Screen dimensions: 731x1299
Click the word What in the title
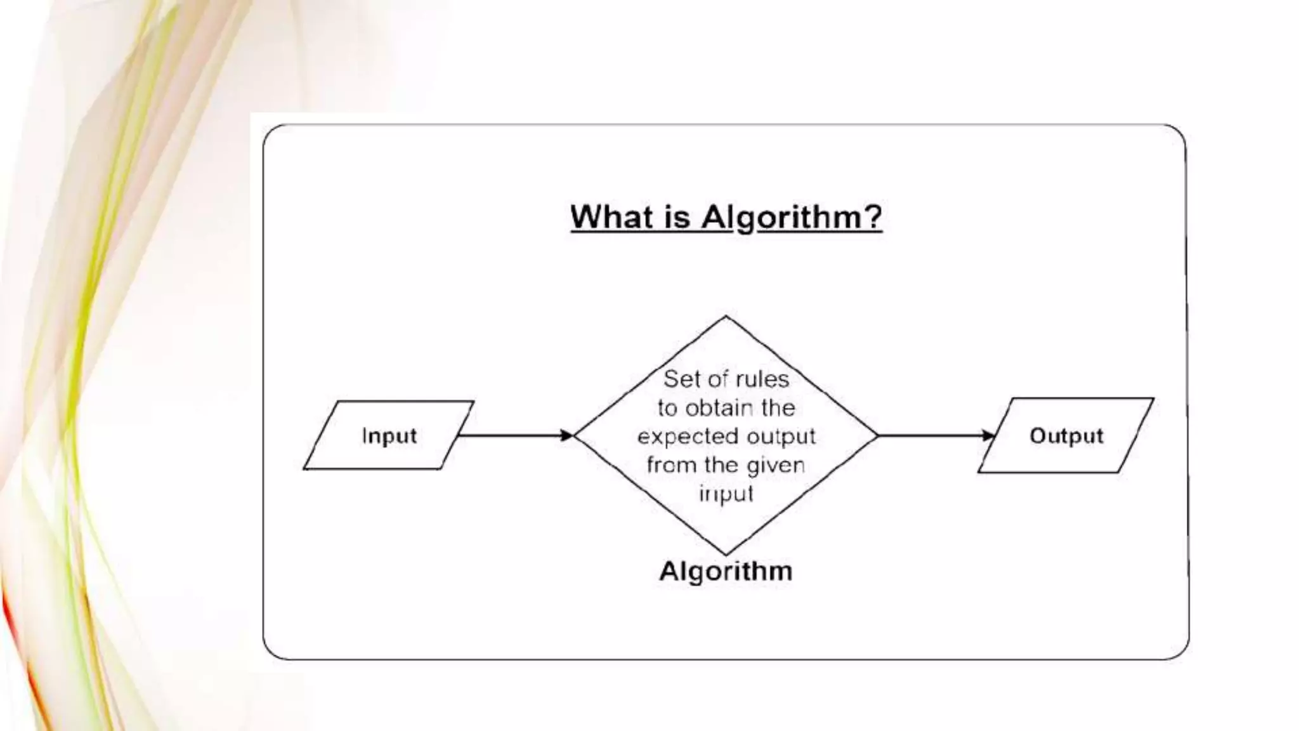point(613,217)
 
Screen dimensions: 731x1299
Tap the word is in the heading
point(677,217)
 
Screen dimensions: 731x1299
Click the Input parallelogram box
point(389,435)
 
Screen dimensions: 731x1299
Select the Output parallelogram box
point(1066,435)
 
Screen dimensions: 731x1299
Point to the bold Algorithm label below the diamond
point(726,571)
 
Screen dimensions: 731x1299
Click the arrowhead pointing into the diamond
point(566,435)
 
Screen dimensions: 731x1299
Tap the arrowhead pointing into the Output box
point(988,435)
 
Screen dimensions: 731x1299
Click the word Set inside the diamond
point(681,379)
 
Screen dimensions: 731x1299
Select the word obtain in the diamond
point(720,407)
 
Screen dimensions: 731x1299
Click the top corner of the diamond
point(726,317)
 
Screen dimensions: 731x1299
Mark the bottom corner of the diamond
point(726,554)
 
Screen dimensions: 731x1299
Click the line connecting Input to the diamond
point(507,435)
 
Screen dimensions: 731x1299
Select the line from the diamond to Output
point(929,435)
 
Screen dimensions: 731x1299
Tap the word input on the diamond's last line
point(726,494)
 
